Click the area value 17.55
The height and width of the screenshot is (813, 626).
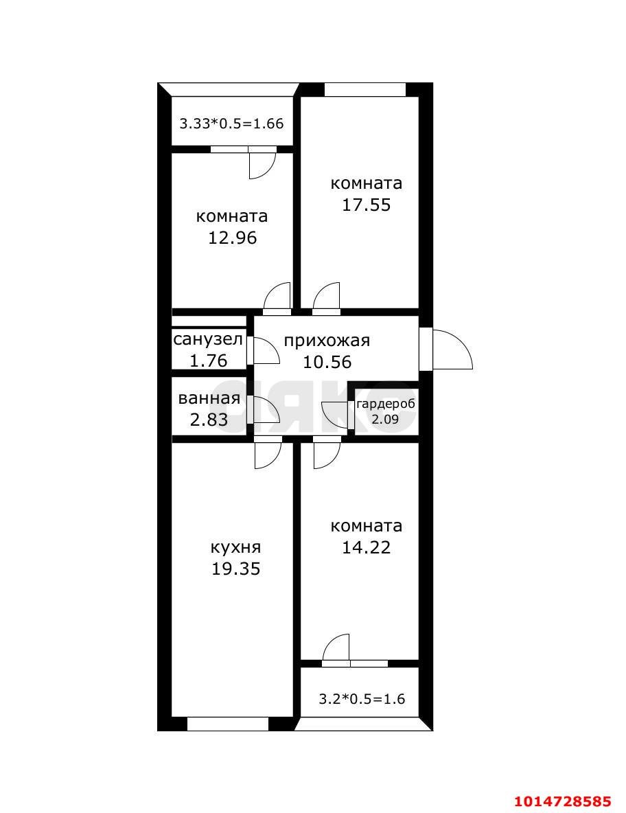(x=367, y=205)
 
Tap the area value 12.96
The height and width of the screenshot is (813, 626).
(x=232, y=238)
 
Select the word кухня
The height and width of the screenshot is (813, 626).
(x=235, y=547)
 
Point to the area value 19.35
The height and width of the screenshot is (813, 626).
(x=235, y=569)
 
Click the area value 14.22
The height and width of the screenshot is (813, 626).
(x=367, y=547)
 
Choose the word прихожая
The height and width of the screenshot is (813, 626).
(x=327, y=341)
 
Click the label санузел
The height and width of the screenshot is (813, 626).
(x=207, y=339)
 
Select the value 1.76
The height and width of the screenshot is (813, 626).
(x=207, y=360)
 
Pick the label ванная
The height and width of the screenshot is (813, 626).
(x=209, y=399)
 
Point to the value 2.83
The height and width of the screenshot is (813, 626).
(x=209, y=420)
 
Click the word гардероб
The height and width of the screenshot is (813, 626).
(x=385, y=404)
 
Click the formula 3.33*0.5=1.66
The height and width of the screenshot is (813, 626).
(x=231, y=124)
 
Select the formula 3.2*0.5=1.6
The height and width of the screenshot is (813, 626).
(x=362, y=700)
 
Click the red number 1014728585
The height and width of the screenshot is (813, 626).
(x=562, y=801)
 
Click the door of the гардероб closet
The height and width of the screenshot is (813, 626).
(x=336, y=413)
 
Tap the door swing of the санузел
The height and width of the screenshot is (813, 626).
(x=264, y=350)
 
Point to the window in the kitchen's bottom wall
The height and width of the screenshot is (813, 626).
(x=227, y=723)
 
